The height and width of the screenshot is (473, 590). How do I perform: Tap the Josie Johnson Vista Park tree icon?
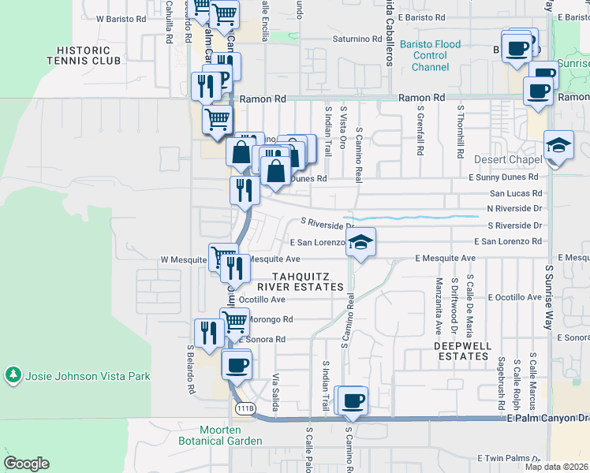click(13, 375)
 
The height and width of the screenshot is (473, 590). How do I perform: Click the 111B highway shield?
click(245, 408)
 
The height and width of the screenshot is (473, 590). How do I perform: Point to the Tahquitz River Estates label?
click(308, 281)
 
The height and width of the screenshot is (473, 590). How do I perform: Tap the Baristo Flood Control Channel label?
click(430, 56)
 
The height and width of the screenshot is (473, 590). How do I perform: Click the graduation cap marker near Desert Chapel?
click(558, 146)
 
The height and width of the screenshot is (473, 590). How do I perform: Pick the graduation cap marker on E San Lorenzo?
click(360, 242)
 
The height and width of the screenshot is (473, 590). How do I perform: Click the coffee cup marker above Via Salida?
click(237, 365)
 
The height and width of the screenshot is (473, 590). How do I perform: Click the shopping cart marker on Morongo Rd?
click(234, 322)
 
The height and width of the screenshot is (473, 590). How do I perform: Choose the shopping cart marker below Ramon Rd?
click(217, 120)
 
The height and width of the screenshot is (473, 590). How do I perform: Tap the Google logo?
click(27, 464)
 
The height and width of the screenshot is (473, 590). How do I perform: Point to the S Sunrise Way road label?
click(550, 296)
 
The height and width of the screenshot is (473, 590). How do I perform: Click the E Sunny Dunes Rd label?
click(506, 177)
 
